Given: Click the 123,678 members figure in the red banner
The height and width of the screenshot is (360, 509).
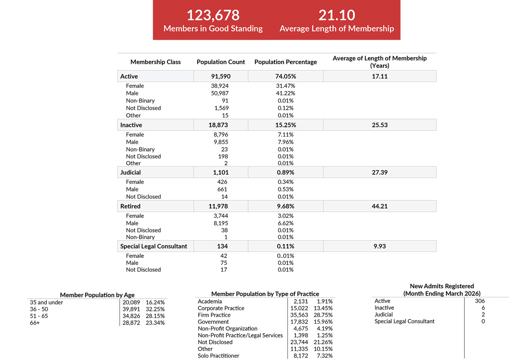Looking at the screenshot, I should point(213,15).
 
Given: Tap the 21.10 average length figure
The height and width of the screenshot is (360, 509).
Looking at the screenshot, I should point(337,15).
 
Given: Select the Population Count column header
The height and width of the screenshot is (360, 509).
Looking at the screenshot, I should point(220,62).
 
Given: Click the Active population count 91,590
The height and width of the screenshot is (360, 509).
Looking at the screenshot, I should point(220,77).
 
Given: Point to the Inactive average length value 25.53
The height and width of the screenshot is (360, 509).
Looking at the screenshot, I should point(379,125).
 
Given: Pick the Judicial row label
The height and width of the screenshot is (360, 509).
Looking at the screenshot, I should point(130,173).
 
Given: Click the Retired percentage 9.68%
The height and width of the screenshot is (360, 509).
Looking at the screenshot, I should point(285,207).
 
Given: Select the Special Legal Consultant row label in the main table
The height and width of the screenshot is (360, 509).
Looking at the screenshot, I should point(153,247).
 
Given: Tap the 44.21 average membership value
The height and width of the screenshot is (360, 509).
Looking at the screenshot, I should point(379,207).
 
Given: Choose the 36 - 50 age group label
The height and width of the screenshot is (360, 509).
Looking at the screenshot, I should point(39,309).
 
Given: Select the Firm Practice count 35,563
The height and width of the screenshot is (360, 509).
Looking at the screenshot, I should point(300,315).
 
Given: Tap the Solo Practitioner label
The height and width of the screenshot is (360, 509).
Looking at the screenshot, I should point(218,356).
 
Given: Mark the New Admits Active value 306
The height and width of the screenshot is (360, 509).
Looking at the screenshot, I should point(480,301).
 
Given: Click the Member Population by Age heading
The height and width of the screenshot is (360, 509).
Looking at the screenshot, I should point(97,295).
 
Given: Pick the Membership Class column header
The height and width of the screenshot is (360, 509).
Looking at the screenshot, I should point(155,62).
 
